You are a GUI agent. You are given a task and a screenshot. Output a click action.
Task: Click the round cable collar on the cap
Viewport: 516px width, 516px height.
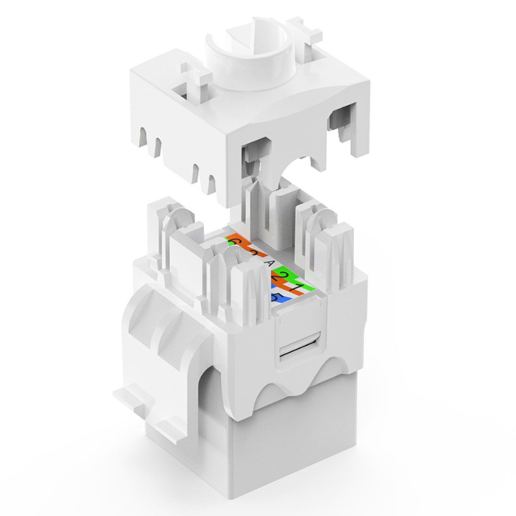[x=251, y=55]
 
